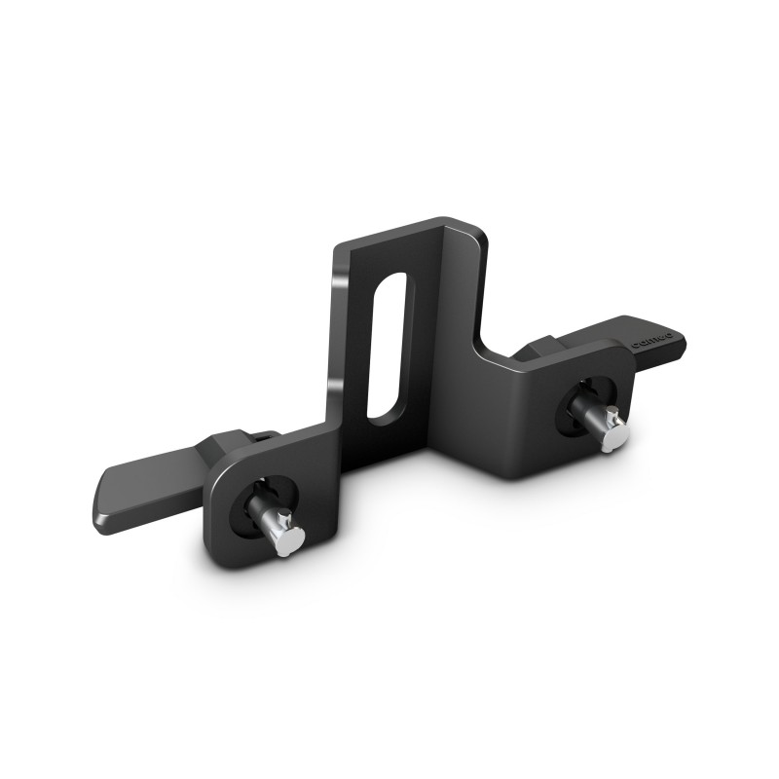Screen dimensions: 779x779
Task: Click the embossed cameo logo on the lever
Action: coord(649,342)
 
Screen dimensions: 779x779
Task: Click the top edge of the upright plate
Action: coord(409,228)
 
